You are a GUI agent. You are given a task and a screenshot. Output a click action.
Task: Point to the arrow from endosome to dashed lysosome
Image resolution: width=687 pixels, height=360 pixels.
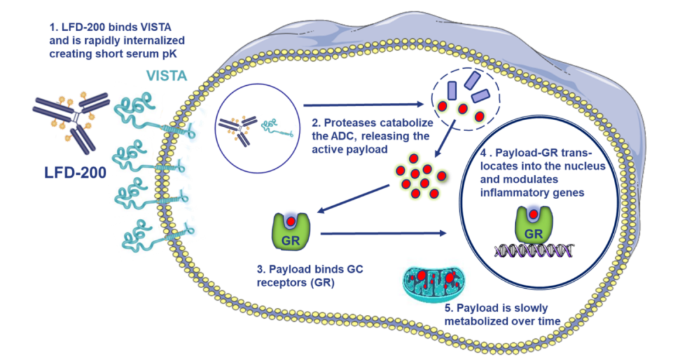[x=363, y=104]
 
